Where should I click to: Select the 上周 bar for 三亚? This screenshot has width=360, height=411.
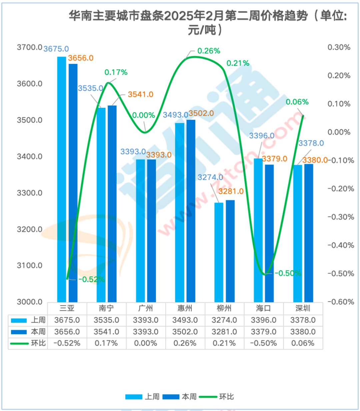pyautogui.click(x=62, y=180)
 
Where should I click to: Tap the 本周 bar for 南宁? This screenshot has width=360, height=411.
pyautogui.click(x=112, y=203)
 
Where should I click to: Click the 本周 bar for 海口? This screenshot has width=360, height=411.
pyautogui.click(x=269, y=233)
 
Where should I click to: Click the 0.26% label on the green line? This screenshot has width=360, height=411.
pyautogui.click(x=209, y=51)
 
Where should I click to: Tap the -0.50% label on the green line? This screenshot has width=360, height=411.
pyautogui.click(x=287, y=273)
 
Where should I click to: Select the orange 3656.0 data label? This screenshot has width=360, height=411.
pyautogui.click(x=81, y=58)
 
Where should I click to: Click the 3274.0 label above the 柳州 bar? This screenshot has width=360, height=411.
pyautogui.click(x=210, y=177)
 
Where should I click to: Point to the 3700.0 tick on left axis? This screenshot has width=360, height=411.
pyautogui.click(x=30, y=47)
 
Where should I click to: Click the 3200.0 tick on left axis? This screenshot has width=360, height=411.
pyautogui.click(x=30, y=229)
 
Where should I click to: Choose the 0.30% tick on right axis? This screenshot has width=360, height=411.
pyautogui.click(x=339, y=47)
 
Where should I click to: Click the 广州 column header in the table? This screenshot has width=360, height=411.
pyautogui.click(x=146, y=308)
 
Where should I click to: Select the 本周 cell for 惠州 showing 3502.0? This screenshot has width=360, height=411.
pyautogui.click(x=185, y=332)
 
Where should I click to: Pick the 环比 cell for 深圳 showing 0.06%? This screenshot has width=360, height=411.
pyautogui.click(x=303, y=343)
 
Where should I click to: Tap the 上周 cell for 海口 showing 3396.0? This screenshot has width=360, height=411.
pyautogui.click(x=263, y=320)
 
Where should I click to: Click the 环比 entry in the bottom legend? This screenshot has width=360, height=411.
pyautogui.click(x=226, y=397)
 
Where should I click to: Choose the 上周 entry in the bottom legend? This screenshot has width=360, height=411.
pyautogui.click(x=152, y=397)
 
